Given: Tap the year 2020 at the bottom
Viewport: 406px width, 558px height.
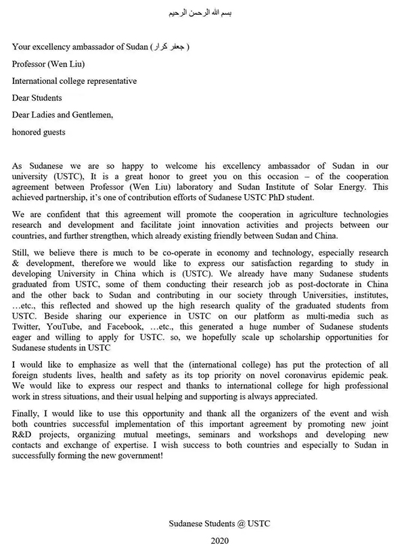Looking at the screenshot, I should [220, 541].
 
